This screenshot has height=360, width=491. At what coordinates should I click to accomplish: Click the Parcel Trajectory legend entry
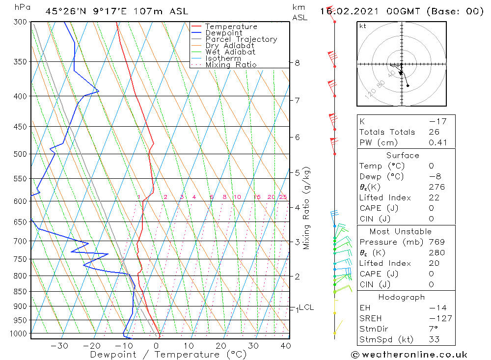coord(241,39)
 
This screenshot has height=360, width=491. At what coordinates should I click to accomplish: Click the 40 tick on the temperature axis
coord(285,346)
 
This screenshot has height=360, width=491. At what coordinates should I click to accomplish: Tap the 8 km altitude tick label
coord(297,63)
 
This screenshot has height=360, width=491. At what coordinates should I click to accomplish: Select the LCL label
coord(306,307)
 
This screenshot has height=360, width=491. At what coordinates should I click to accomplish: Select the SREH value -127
coord(439,318)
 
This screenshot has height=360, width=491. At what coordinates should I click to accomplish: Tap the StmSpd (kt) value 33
coord(434,339)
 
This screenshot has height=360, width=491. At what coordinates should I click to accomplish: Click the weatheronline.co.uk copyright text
coord(409,355)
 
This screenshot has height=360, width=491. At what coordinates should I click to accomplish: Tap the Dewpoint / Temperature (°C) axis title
coord(161,354)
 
